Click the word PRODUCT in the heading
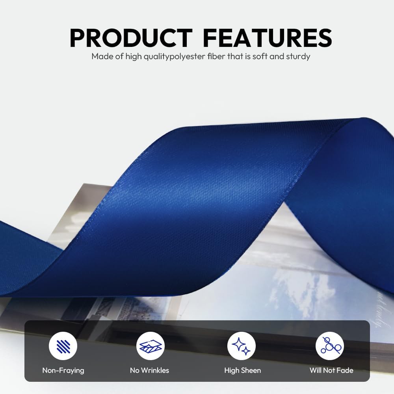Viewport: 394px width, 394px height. (130, 38)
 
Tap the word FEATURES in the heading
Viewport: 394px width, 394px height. (268, 38)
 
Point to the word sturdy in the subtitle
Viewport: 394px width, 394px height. (297, 56)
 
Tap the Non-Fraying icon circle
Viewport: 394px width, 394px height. (63, 346)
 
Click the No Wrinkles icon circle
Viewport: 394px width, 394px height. (150, 346)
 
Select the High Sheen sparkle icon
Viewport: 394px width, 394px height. (242, 346)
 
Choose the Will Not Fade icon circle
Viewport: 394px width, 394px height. (330, 346)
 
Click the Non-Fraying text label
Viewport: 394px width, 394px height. (63, 370)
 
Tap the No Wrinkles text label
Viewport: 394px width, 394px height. (149, 370)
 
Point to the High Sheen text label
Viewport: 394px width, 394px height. (242, 370)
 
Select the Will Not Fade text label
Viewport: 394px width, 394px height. (331, 370)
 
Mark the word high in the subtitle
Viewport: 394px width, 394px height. (134, 56)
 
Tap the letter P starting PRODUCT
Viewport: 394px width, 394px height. (78, 38)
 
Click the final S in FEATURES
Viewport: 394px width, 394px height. (323, 38)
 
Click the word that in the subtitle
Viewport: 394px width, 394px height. (230, 56)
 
